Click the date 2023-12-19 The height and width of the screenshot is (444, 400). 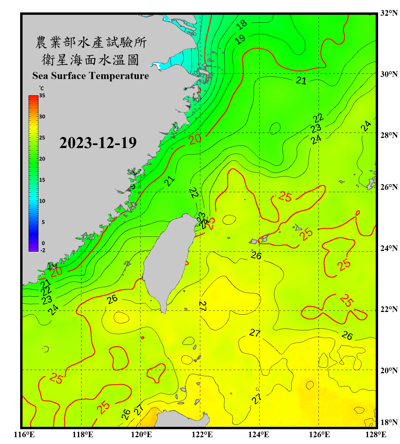tap(98, 143)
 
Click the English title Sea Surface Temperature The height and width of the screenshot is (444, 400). tap(90, 76)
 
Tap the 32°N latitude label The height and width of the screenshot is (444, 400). tap(389, 13)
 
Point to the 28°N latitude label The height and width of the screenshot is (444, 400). tap(389, 135)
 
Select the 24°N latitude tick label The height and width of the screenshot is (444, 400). tap(389, 248)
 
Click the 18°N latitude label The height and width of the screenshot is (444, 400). tap(389, 422)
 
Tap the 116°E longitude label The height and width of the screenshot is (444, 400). tap(24, 435)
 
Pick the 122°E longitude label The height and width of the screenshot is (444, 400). tap(202, 435)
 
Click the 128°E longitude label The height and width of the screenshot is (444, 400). tap(376, 435)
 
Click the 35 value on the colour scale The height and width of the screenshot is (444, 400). tap(42, 95)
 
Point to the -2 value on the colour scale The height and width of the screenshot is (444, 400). tap(43, 250)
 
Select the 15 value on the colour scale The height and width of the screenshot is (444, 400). tap(42, 180)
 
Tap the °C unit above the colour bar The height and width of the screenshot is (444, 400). tap(41, 88)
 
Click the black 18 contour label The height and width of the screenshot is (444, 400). tap(242, 25)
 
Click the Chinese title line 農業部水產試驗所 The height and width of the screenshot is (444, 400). tap(91, 42)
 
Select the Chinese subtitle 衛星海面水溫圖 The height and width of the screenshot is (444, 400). tap(90, 60)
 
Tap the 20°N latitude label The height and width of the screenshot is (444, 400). tap(389, 370)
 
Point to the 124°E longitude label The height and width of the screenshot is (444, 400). tap(259, 435)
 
